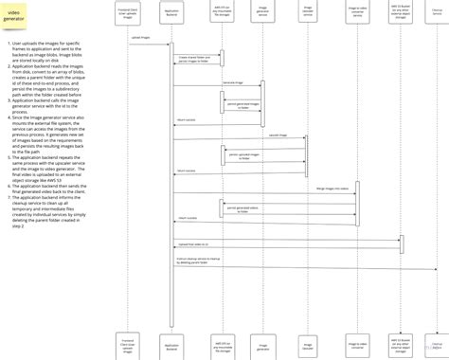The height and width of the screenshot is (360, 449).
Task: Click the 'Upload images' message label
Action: [141, 37]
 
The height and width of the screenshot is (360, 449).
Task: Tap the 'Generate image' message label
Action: [232, 82]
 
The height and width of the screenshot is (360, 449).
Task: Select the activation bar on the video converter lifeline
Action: [356, 203]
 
